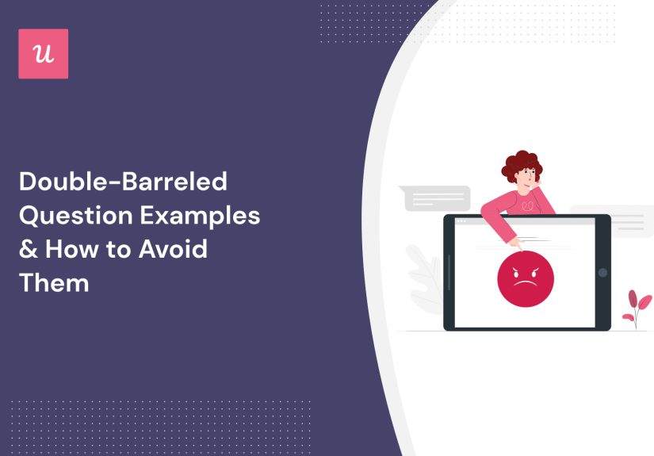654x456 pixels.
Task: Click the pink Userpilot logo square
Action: [43, 54]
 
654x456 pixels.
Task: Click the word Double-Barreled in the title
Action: [123, 182]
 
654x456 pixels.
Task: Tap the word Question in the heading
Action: [71, 216]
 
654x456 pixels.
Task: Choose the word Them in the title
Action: [53, 282]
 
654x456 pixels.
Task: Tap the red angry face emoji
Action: [525, 278]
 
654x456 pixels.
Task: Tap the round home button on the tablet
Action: [602, 273]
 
